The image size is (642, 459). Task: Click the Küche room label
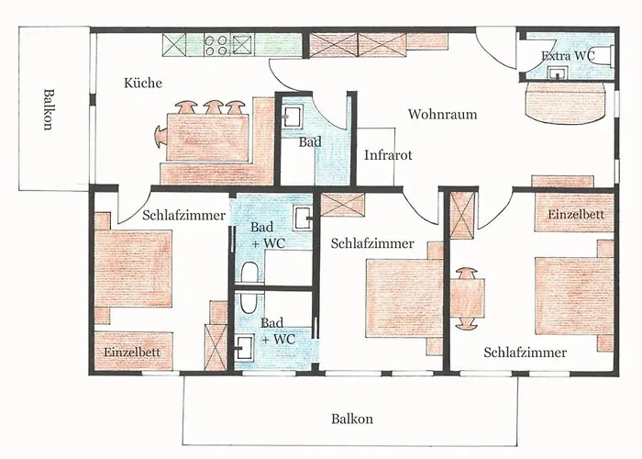point(143,83)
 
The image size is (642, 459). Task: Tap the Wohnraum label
point(443,114)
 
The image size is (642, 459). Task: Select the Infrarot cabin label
point(388,155)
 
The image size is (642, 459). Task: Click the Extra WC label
point(568,55)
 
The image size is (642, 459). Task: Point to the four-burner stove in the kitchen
point(216,44)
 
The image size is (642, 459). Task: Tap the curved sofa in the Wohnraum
point(565,101)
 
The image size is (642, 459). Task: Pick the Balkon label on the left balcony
point(48,109)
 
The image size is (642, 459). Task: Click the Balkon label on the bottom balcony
point(352,419)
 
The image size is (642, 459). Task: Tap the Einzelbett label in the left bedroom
point(132,352)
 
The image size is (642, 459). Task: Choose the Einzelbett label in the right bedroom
point(576,214)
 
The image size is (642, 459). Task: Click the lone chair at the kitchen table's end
point(160,137)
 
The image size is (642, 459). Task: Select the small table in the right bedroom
point(467,298)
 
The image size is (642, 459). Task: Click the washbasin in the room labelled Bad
point(293,116)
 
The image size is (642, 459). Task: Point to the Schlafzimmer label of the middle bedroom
point(372,243)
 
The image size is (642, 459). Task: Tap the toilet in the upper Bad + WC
point(249,273)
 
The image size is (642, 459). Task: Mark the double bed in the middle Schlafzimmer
point(404,298)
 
